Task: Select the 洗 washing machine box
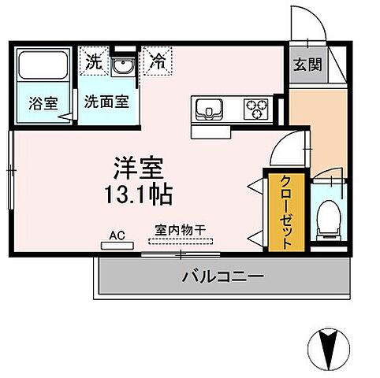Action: pyautogui.click(x=94, y=61)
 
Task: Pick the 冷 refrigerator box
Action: pyautogui.click(x=158, y=61)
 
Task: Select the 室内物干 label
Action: pyautogui.click(x=181, y=230)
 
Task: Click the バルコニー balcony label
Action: pyautogui.click(x=222, y=276)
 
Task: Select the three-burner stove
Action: pyautogui.click(x=255, y=106)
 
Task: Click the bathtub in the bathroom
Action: pyautogui.click(x=43, y=69)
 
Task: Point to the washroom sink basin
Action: pyautogui.click(x=121, y=68)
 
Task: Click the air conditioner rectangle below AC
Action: pyautogui.click(x=116, y=245)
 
